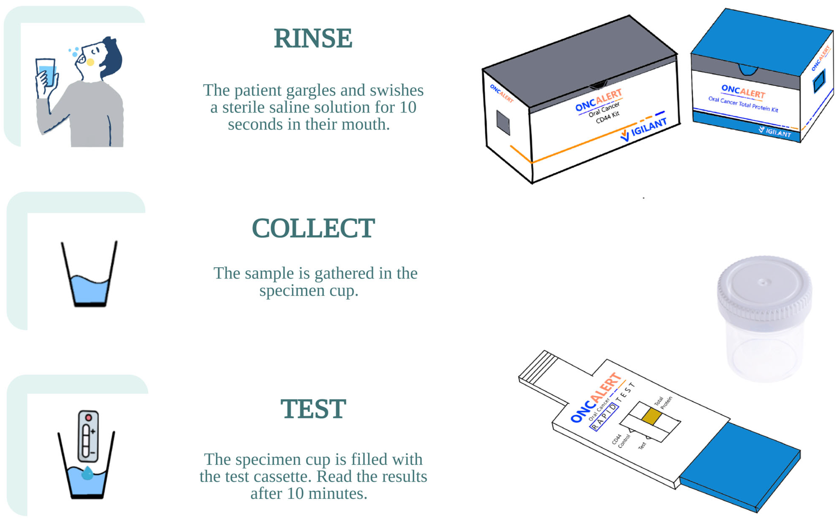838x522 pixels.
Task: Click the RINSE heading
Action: click(313, 38)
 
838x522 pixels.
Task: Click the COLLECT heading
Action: click(313, 228)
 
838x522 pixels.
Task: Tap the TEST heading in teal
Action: click(313, 409)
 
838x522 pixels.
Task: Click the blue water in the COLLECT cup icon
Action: click(90, 290)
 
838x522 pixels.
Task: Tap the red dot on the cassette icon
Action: click(88, 418)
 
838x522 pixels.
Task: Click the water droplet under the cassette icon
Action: click(87, 473)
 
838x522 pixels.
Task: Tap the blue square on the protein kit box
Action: click(819, 81)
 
